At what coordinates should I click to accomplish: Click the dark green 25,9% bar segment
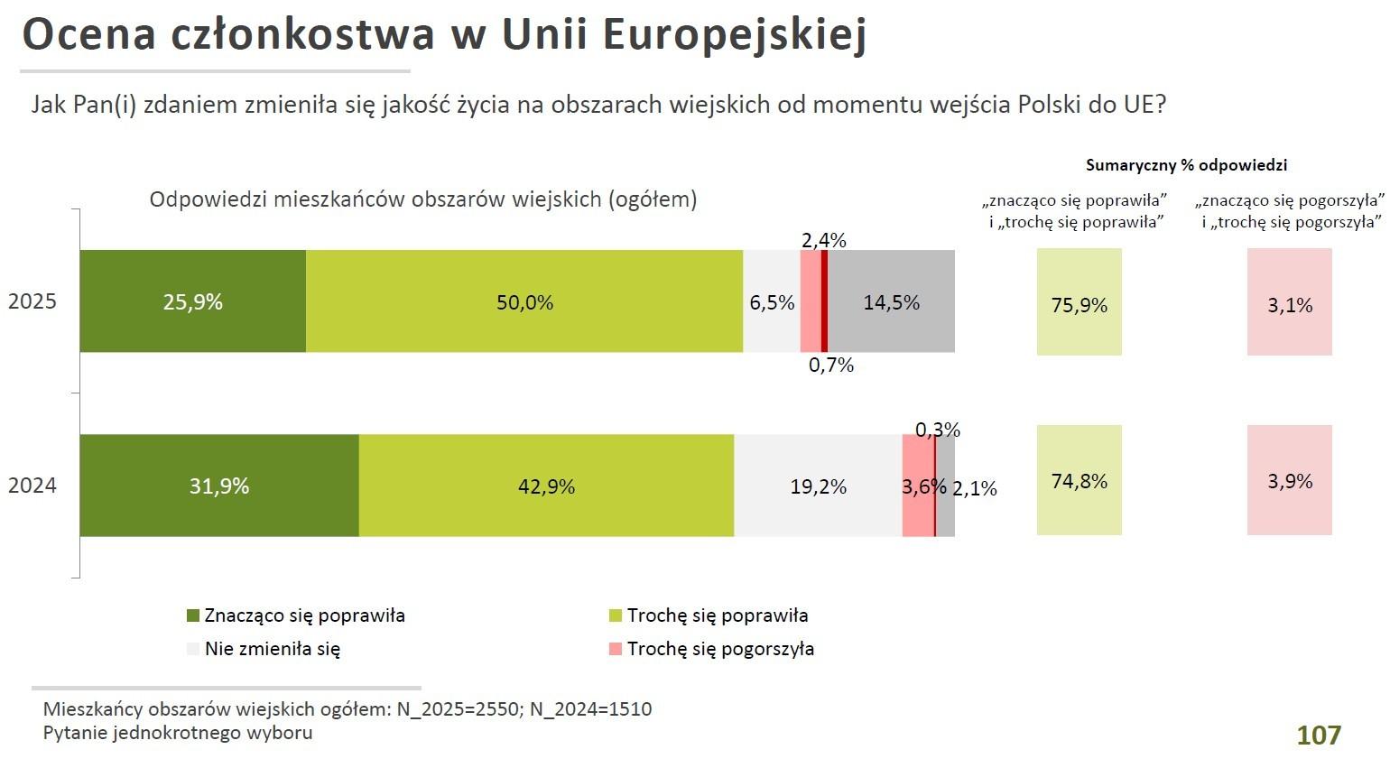[192, 301]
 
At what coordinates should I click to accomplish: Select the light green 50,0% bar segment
[524, 301]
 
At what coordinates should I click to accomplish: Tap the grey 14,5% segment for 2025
[891, 301]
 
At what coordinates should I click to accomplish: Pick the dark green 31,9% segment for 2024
[219, 486]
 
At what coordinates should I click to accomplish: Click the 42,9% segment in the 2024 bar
[546, 486]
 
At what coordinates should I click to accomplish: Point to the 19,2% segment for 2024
[818, 486]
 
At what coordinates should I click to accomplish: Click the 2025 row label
[32, 301]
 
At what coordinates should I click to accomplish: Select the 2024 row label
[32, 486]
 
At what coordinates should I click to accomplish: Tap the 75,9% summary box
[1079, 303]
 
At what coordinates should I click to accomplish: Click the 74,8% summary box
[1079, 480]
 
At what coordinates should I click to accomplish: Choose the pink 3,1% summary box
[1289, 303]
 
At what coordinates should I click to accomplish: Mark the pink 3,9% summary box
[1289, 480]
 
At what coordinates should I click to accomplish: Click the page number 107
[1319, 736]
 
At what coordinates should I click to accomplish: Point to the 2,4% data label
[823, 240]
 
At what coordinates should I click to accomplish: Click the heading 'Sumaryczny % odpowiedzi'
[1185, 165]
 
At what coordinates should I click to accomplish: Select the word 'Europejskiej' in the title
[733, 36]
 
